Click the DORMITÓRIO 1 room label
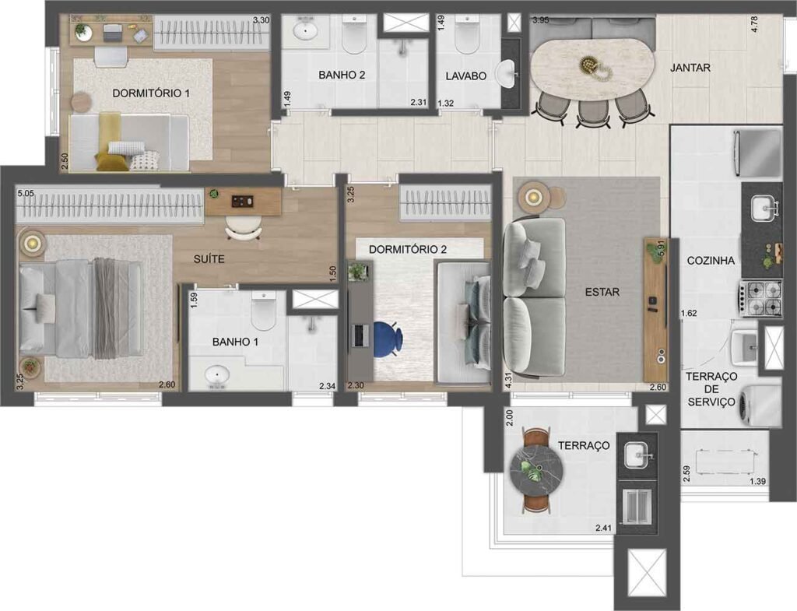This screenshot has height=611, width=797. coord(151,93)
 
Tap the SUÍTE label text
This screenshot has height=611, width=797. coord(209,258)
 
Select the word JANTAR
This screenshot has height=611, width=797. coord(690,68)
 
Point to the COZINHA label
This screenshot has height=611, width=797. coord(711,261)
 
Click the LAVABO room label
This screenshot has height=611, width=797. coord(466,76)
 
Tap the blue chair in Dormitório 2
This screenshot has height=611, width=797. coord(387,339)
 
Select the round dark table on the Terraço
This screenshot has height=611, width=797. coord(535,471)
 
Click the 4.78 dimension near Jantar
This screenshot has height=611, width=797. coord(754,23)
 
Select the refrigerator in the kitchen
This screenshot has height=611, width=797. coord(757,152)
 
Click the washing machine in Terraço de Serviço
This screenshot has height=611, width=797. coord(758,406)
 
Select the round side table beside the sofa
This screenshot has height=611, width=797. coord(533,195)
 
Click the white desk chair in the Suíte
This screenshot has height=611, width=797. coord(244,226)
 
